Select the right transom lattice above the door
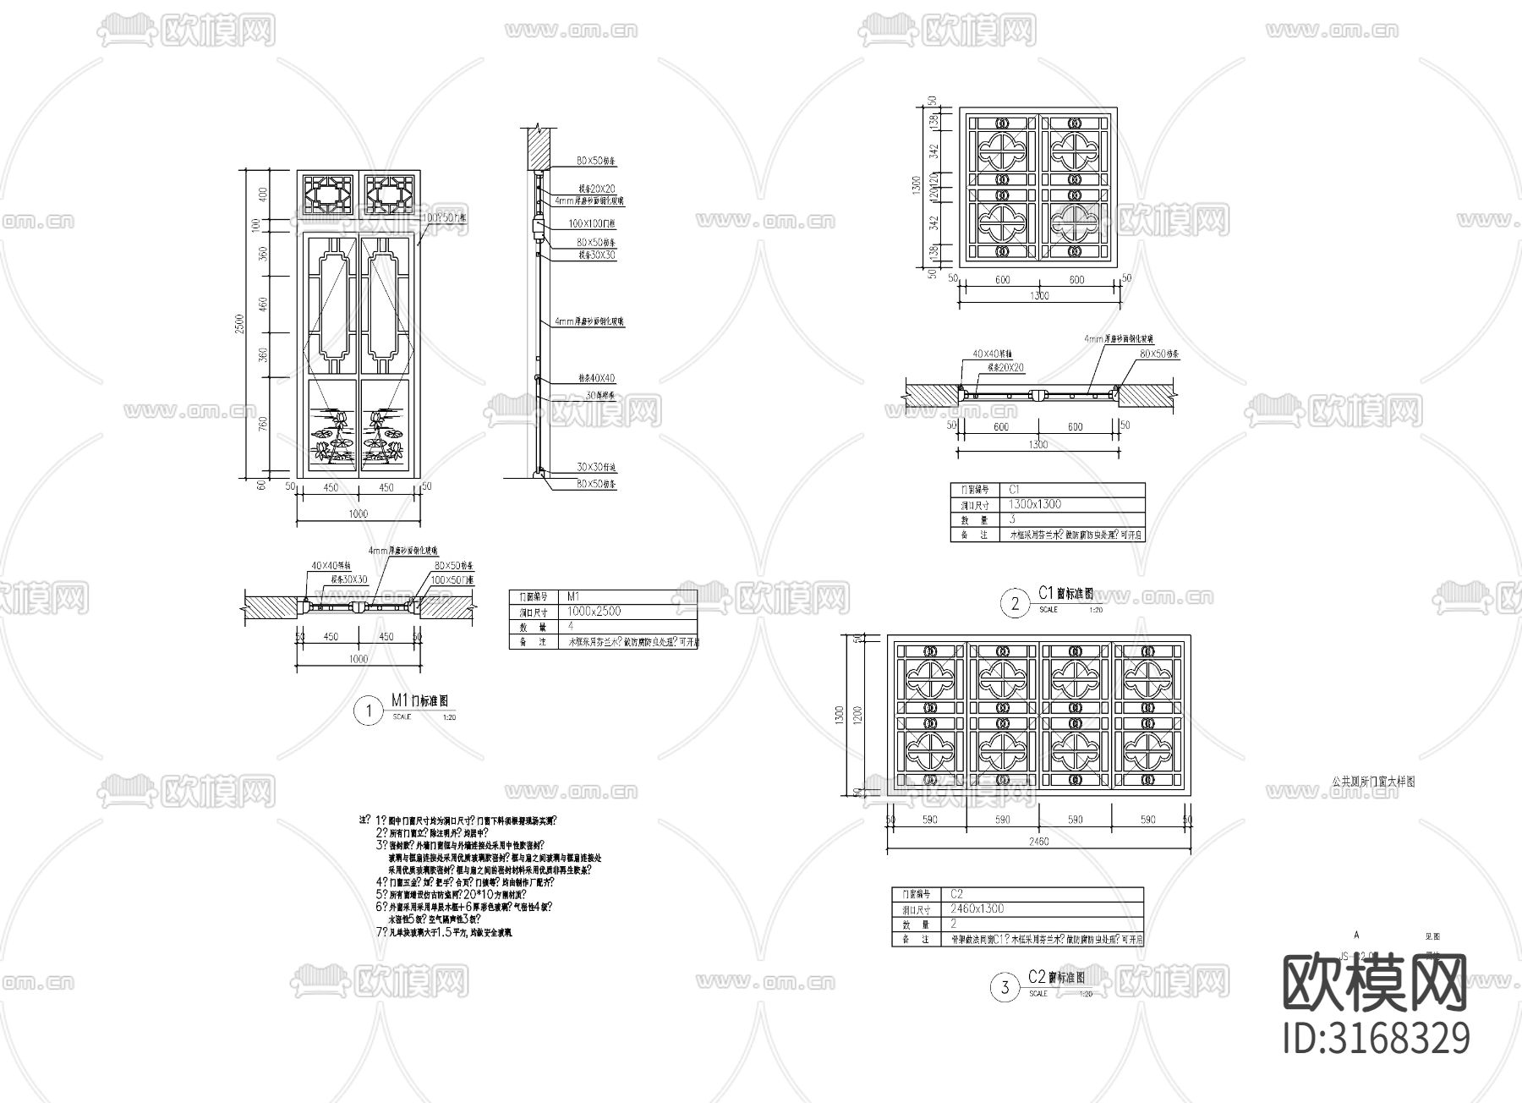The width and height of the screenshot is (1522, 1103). [x=389, y=194]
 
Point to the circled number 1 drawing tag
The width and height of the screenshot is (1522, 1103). [x=368, y=711]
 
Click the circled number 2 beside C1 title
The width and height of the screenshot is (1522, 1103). [x=1015, y=603]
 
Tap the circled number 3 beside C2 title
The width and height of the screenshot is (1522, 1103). [x=1005, y=988]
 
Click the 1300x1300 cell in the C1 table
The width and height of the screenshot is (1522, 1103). [x=1035, y=504]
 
